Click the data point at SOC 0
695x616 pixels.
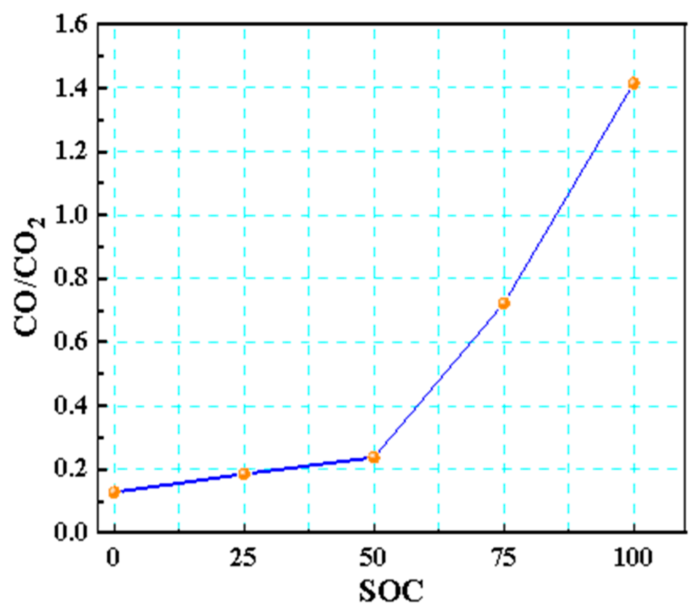114,492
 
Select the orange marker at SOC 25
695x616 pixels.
244,473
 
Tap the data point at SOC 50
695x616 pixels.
374,457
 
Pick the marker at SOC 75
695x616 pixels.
504,303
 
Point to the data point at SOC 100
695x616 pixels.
633,83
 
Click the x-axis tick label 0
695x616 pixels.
113,558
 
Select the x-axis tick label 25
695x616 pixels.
243,558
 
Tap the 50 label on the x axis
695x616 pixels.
373,558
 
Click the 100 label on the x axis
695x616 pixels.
633,558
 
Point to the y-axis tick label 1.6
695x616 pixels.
71,25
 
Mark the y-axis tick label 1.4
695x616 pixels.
71,88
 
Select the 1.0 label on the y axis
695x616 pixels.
71,215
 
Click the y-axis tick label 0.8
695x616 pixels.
71,279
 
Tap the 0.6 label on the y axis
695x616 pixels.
71,342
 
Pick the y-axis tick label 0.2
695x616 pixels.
71,469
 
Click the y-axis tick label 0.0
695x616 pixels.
71,532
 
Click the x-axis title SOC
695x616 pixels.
391,591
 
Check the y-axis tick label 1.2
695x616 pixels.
71,152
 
